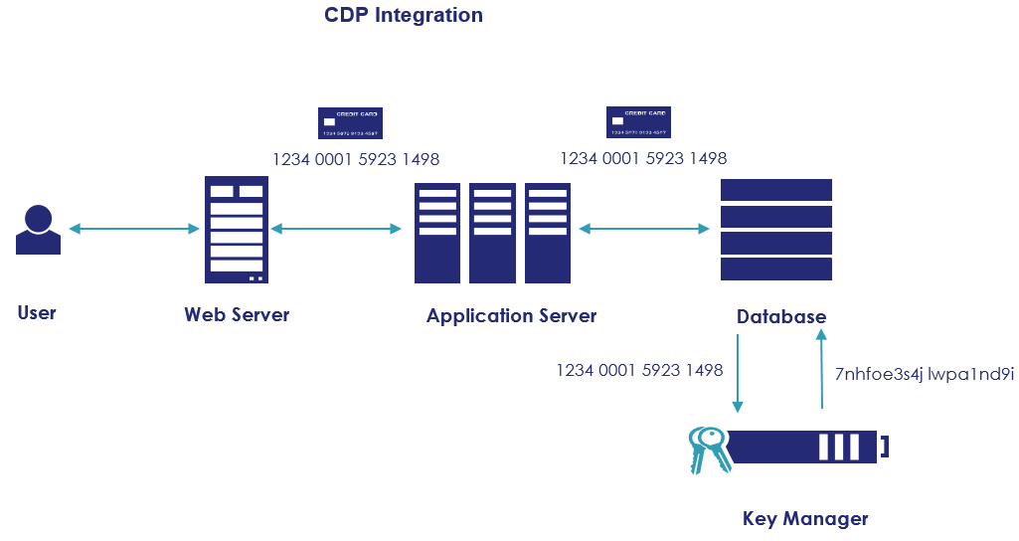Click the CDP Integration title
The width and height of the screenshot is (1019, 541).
(x=404, y=15)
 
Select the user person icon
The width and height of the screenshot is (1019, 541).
(x=38, y=230)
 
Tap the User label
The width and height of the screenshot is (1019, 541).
(x=37, y=312)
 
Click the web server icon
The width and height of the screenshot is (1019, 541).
(x=237, y=230)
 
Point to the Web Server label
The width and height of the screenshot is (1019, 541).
(x=237, y=314)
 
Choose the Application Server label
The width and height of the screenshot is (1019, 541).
(x=511, y=315)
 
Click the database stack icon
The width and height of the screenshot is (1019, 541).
(x=775, y=229)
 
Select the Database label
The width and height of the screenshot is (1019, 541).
(x=780, y=316)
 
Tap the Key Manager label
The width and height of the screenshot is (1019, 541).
(x=805, y=518)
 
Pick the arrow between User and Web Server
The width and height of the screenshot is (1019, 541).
(x=134, y=229)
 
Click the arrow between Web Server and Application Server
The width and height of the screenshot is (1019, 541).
(x=336, y=229)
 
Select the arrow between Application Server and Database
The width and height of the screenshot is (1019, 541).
(x=644, y=229)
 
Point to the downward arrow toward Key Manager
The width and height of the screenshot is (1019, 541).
(x=738, y=373)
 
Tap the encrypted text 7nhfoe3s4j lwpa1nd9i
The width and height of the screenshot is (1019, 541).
(x=924, y=374)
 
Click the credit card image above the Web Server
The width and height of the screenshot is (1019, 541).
(x=350, y=123)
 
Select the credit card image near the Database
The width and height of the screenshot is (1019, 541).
(x=638, y=122)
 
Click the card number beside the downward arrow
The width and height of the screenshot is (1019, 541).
(x=639, y=370)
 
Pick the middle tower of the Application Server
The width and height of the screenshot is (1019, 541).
(x=492, y=233)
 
